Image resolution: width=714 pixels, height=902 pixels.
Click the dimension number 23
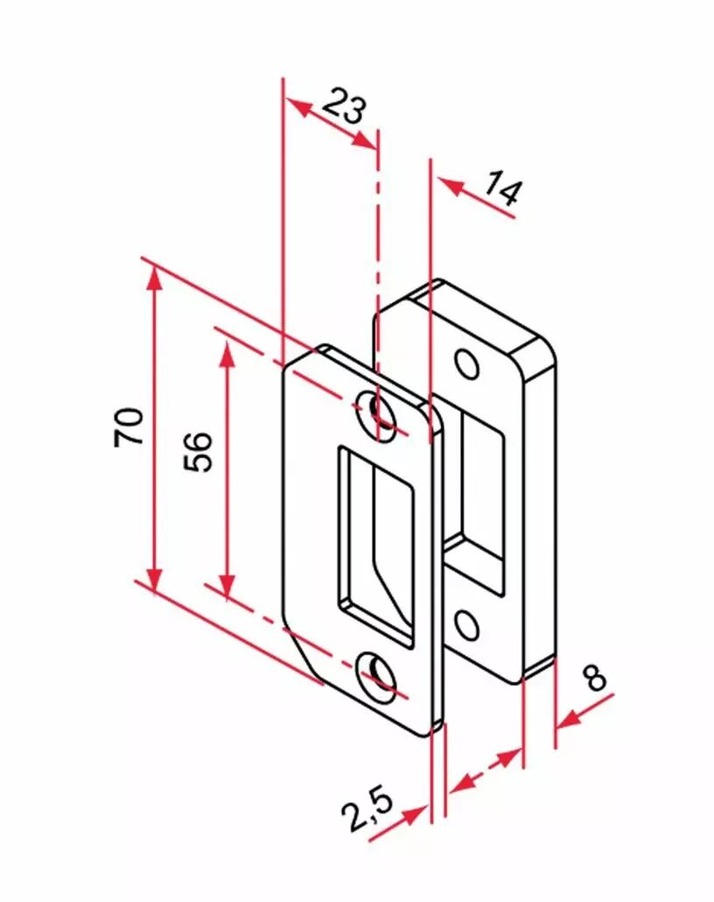[344, 106]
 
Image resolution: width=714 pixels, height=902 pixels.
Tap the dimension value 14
[503, 188]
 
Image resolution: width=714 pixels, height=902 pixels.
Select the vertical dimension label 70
[129, 426]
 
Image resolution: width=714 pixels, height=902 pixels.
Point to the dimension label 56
[198, 451]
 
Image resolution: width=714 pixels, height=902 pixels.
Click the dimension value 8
[594, 677]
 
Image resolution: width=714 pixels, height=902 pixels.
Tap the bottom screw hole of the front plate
[376, 678]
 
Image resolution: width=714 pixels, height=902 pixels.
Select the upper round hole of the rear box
[467, 363]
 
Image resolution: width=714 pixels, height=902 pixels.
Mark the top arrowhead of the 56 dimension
[227, 355]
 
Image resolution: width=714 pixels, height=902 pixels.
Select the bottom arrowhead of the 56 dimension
[227, 587]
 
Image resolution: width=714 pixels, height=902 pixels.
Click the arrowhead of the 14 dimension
[451, 187]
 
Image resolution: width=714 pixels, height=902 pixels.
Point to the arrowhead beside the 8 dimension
[569, 719]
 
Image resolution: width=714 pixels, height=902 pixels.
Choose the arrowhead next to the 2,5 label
[415, 815]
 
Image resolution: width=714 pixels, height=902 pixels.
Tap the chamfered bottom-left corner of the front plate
[304, 650]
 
